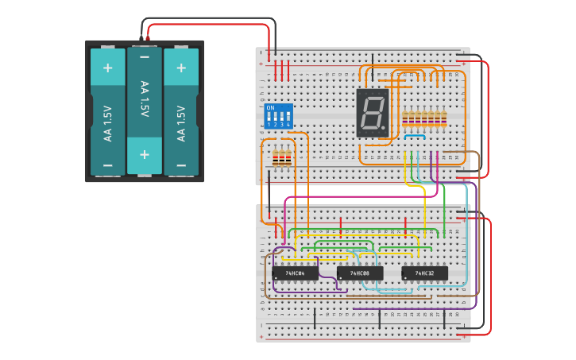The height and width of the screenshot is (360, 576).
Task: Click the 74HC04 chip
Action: click(x=295, y=273)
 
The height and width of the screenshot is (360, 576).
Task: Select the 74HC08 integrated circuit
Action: click(x=360, y=273)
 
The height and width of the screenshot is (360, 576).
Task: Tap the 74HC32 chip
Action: click(x=424, y=273)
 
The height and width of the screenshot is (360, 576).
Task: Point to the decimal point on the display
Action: click(x=385, y=130)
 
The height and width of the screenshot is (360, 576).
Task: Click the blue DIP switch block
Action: click(x=278, y=115)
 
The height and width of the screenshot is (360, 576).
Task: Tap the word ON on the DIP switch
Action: click(x=270, y=107)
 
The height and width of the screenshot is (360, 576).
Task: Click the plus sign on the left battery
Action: click(x=107, y=68)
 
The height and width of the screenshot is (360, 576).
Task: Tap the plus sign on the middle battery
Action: click(x=145, y=153)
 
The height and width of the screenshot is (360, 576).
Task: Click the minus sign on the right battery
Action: click(x=181, y=165)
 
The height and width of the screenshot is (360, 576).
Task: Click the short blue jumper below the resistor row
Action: click(x=414, y=137)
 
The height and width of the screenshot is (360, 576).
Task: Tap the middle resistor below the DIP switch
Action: click(x=282, y=159)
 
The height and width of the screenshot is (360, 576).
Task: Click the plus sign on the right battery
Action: click(x=181, y=68)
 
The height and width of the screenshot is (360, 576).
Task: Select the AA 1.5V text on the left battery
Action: click(x=107, y=123)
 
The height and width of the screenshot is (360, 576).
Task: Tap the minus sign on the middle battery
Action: click(x=145, y=57)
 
